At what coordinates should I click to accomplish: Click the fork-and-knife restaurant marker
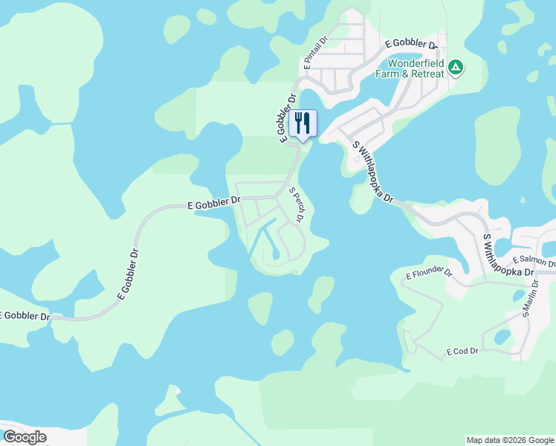click(x=303, y=123)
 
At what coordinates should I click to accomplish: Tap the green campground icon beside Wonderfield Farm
click(x=456, y=68)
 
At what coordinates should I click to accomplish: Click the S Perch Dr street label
click(x=297, y=204)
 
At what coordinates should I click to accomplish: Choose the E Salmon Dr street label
click(x=534, y=262)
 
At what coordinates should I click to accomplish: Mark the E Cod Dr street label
click(x=462, y=350)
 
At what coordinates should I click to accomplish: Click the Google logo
click(x=24, y=437)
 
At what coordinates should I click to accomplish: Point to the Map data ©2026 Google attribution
click(x=510, y=440)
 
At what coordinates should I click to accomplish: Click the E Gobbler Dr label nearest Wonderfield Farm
click(x=412, y=44)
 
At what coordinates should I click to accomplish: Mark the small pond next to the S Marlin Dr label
click(x=518, y=295)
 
